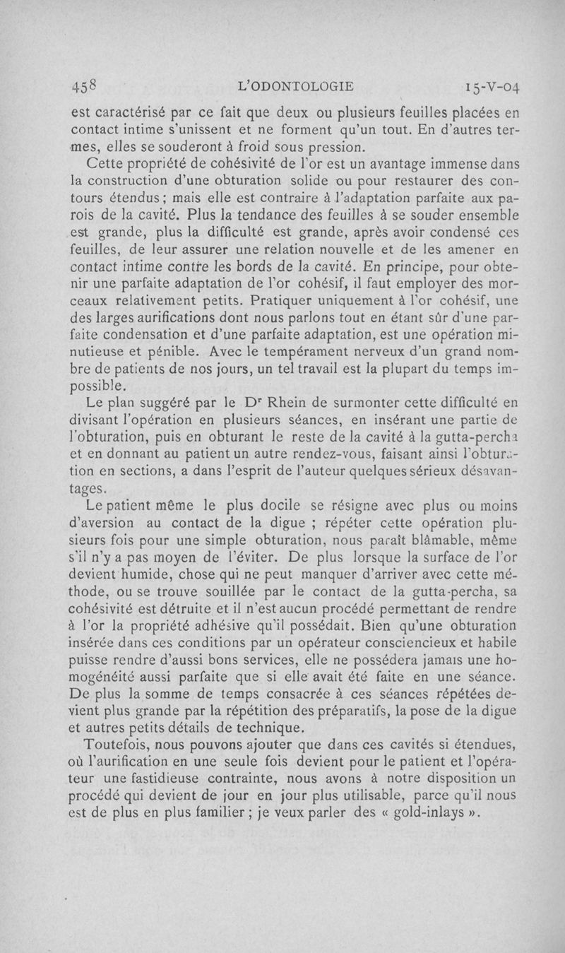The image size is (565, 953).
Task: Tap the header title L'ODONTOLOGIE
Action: click(297, 87)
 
